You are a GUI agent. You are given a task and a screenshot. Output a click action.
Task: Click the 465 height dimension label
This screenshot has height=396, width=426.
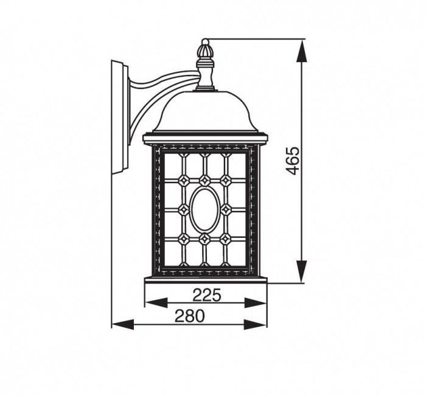click(293, 161)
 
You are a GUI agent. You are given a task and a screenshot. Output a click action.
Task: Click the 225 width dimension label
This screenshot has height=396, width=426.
click(206, 295)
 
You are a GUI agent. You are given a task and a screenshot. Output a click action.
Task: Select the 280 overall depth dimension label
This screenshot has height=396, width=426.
click(189, 316)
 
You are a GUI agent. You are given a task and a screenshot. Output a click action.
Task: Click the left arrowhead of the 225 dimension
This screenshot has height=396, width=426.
click(156, 303)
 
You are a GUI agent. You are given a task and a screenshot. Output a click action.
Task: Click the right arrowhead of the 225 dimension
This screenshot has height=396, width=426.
click(256, 303)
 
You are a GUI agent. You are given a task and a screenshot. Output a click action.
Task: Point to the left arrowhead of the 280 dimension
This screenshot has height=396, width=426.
click(123, 324)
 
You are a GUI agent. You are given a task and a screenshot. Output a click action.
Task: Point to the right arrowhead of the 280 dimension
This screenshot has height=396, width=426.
click(256, 324)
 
